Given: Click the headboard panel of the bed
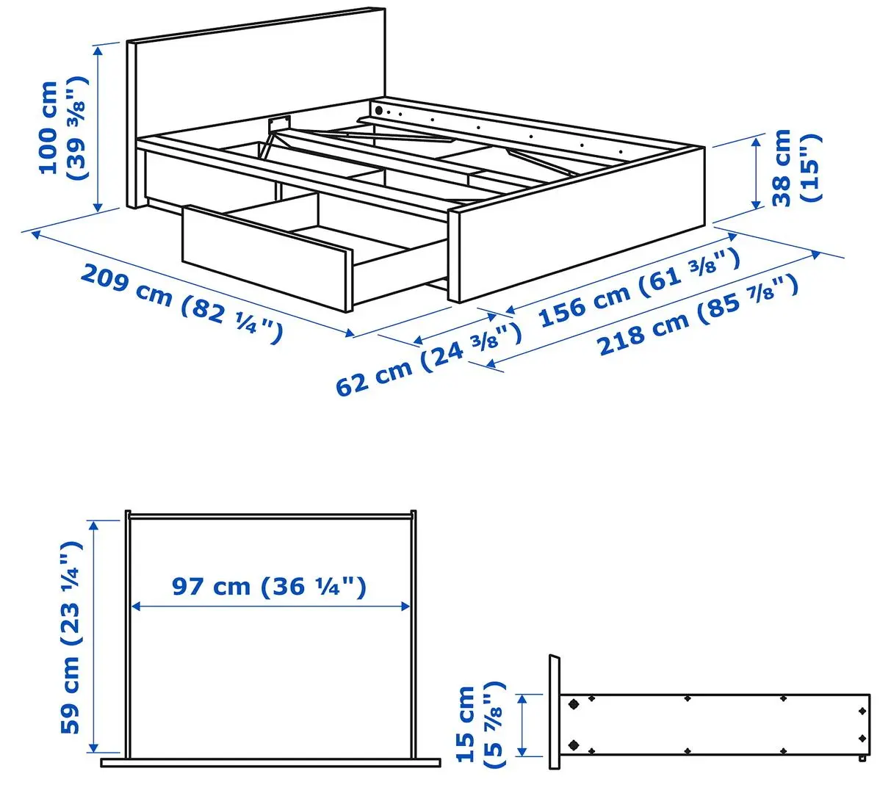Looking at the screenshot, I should (257, 81).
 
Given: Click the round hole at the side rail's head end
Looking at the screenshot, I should (379, 110).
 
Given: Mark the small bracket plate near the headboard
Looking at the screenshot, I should (278, 123).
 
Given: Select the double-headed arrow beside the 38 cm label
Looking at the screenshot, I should (755, 173).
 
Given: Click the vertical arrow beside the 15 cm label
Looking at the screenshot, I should (522, 725).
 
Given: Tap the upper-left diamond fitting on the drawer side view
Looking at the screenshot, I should (573, 704).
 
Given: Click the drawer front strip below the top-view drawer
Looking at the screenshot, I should (270, 763).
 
